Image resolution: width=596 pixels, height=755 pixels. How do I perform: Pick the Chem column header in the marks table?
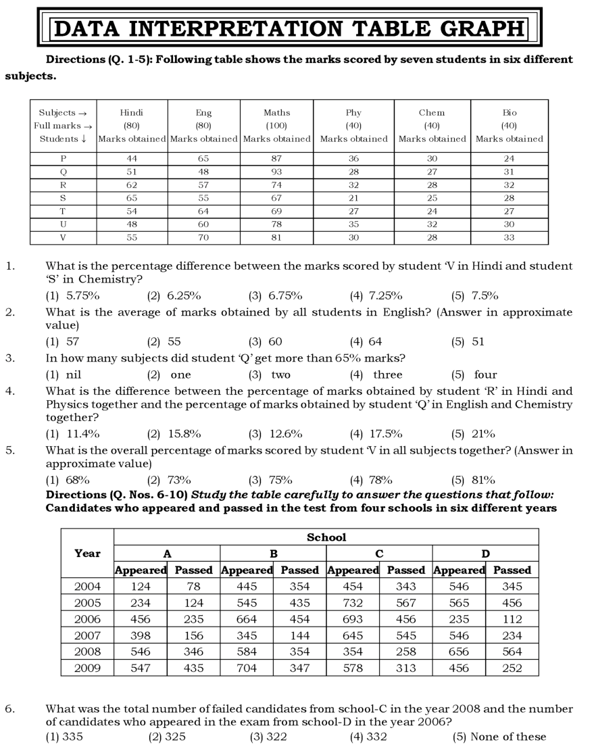coord(432,113)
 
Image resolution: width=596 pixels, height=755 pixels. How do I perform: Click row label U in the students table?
coord(63,224)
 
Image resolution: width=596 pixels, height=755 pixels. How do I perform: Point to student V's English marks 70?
coord(203,238)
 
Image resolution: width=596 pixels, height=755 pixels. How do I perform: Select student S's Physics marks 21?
coord(353,198)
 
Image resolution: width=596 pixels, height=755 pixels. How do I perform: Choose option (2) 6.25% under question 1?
coord(174,295)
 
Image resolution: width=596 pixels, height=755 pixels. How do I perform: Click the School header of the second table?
coord(326,537)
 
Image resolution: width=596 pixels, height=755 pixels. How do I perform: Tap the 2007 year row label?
coord(87,635)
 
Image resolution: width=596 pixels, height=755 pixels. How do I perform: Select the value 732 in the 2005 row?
coord(352,603)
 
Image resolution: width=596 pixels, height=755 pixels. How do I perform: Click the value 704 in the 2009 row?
coord(247,668)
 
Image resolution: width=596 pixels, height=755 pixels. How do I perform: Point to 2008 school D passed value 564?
coord(512,652)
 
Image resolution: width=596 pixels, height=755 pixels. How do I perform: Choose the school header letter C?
coord(379,554)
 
